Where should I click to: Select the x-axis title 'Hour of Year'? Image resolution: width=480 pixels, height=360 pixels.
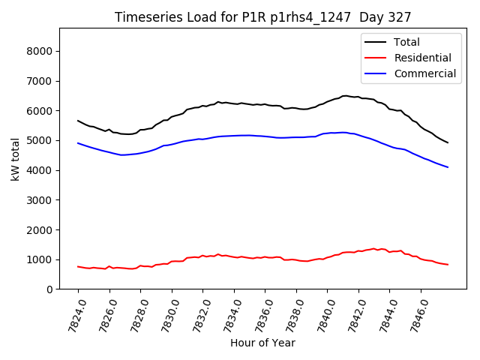pos(262,343)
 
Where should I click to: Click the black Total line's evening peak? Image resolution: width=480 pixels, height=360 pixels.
pos(344,96)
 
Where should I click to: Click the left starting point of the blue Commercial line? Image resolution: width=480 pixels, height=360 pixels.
pos(78,143)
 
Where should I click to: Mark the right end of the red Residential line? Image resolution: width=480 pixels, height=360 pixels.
pos(448,265)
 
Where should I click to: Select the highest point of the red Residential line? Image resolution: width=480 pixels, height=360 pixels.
pos(373,248)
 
